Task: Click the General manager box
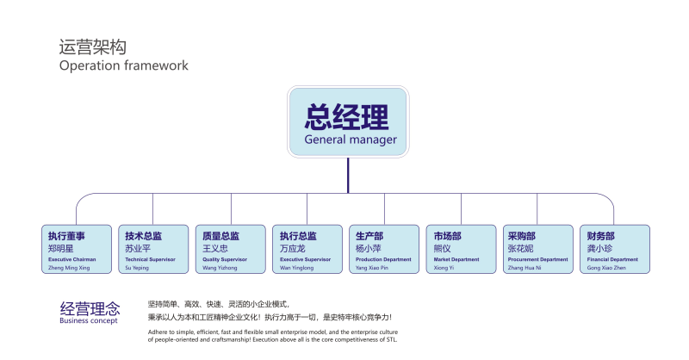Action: tap(348, 122)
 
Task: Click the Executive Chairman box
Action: tap(76, 249)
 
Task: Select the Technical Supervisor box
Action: tap(152, 249)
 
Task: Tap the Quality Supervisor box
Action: tap(230, 249)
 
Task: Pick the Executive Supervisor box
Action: tap(307, 249)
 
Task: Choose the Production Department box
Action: tap(384, 249)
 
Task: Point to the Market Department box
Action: tap(461, 249)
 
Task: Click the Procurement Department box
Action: tap(537, 249)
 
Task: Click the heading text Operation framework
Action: tap(123, 65)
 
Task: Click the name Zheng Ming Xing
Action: tap(68, 268)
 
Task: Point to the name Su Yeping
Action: tap(138, 268)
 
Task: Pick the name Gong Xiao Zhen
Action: tap(607, 268)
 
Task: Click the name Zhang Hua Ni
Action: tap(525, 268)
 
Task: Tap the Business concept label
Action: tap(88, 320)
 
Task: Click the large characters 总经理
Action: tap(346, 116)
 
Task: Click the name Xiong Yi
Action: tap(444, 268)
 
